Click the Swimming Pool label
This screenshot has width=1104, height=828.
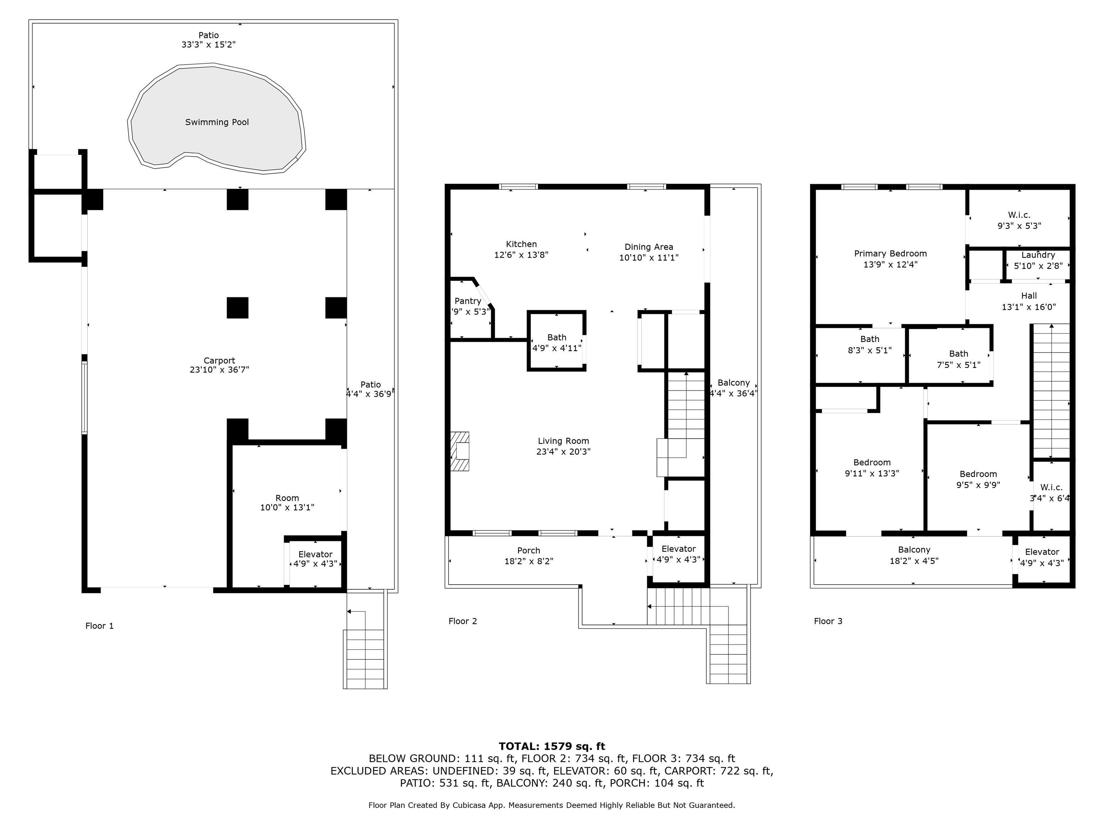coord(217,122)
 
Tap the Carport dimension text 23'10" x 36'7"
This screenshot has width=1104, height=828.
coord(219,370)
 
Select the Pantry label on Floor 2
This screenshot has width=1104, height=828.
coord(468,301)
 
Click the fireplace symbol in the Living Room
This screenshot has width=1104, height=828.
coord(460,451)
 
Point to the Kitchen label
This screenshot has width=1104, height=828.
coord(521,244)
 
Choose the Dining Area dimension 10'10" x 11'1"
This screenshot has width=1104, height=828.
coord(649,258)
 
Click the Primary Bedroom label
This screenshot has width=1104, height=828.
coord(891,254)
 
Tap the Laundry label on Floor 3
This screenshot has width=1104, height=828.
coord(1038,255)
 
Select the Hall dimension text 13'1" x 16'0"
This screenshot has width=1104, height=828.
coord(1029,307)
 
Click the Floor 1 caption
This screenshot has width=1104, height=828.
coord(99,626)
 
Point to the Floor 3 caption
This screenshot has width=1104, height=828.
coord(828,621)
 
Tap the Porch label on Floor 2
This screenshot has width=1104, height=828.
coord(529,551)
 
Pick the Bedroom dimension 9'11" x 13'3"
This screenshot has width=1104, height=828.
coord(872,473)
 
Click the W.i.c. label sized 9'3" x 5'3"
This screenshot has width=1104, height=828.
coord(1019,215)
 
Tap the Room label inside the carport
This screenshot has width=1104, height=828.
coord(287,498)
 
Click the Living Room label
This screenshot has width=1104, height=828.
coord(563,441)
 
